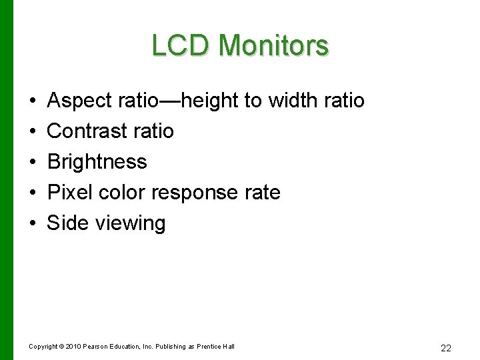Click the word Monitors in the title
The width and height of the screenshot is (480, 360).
273,46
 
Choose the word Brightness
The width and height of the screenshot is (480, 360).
97,162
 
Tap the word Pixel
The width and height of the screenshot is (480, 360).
70,193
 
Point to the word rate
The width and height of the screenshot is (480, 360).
263,193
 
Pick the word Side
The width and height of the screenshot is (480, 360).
68,223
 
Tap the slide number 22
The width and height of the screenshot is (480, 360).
446,348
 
